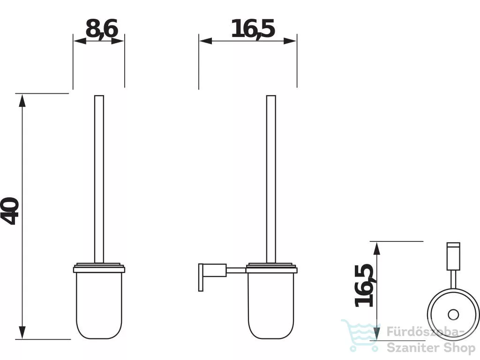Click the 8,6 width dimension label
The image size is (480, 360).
coord(102,29)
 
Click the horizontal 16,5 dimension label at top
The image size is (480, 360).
coord(253,29)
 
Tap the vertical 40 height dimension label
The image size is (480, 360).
coord(10,211)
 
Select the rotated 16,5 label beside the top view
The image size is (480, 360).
coord(364,285)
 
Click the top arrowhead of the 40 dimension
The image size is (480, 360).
coord(22,100)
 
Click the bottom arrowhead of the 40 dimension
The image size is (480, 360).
coord(22,332)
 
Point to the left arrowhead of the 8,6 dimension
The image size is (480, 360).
coord(80,41)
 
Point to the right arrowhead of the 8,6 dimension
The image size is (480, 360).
coord(118,41)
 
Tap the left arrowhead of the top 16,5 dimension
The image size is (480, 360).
coord(206,41)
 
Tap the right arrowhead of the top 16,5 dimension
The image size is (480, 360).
coord(290,41)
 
